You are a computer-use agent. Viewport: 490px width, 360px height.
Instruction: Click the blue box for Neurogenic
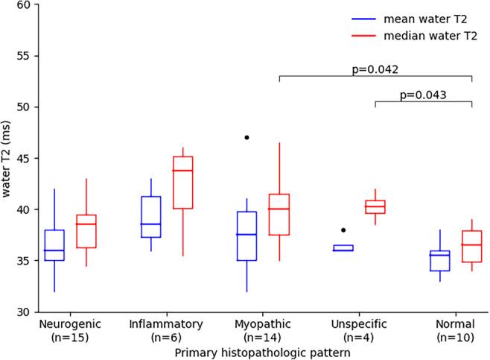pos(54,245)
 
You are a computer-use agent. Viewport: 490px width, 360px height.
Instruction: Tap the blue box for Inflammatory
pos(151,217)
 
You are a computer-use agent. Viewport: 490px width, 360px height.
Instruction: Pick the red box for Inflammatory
pos(183,183)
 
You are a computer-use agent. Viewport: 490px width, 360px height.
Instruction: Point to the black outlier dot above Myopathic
pos(246,137)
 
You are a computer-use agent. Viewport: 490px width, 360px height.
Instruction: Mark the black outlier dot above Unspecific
pos(343,230)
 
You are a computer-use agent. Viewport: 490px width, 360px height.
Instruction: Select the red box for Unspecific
pos(375,206)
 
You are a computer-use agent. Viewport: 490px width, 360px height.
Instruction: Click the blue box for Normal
pos(440,261)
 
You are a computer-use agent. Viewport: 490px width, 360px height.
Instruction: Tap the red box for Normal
pos(472,247)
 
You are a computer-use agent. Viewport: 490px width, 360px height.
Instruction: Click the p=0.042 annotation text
pos(375,69)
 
